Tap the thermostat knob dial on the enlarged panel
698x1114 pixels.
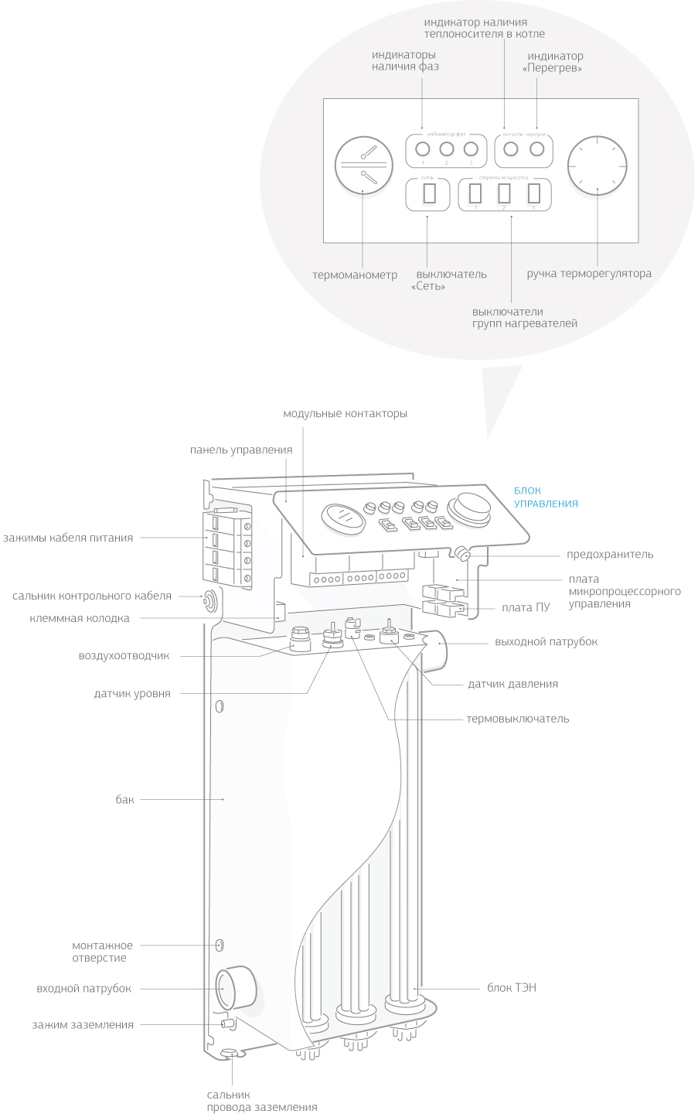(597, 166)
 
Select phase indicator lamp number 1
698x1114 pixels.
(422, 149)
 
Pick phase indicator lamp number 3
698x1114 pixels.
(471, 149)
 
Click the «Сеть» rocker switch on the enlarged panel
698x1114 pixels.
(430, 193)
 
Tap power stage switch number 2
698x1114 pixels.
(505, 193)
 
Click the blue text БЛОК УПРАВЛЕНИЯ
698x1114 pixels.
(546, 497)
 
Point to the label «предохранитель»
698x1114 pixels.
(610, 554)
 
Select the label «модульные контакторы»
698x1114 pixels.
(345, 414)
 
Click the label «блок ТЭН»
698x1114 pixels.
(512, 988)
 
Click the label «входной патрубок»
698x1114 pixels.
(84, 988)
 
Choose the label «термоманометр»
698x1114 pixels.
(355, 275)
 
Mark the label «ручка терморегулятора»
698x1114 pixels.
(589, 273)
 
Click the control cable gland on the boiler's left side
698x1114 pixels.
(209, 600)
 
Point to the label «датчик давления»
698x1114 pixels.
(512, 684)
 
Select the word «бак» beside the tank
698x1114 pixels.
(125, 799)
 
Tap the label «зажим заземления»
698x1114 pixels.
(83, 1024)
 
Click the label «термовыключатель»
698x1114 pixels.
(517, 719)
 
